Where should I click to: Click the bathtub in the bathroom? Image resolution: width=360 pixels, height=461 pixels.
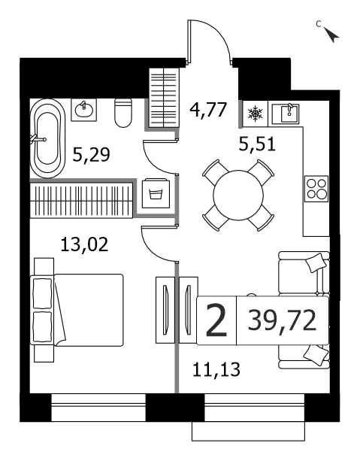[48, 138]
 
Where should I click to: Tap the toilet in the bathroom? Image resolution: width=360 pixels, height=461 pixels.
[123, 113]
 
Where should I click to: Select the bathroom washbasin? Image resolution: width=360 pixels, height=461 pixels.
[84, 110]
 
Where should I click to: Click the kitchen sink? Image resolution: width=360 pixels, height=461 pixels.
[286, 114]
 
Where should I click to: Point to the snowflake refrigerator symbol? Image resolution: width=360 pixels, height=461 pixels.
[255, 114]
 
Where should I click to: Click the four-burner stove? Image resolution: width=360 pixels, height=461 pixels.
[316, 189]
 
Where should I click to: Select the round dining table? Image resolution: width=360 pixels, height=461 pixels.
[238, 196]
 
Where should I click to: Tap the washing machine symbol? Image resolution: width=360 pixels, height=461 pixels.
[156, 193]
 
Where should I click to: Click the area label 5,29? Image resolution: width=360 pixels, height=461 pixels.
[91, 155]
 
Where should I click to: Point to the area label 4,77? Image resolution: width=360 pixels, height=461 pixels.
[208, 109]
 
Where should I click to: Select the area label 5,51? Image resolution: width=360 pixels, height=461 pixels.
[257, 144]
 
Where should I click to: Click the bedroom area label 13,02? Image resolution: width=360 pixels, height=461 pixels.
[84, 244]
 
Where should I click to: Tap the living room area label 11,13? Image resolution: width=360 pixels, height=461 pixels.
[216, 369]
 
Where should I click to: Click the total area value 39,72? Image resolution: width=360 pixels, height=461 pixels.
[282, 321]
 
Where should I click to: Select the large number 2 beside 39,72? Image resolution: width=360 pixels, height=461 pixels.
[216, 320]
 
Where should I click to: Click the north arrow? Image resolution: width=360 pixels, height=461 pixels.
[331, 35]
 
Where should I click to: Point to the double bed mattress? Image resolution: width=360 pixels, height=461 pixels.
[88, 310]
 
